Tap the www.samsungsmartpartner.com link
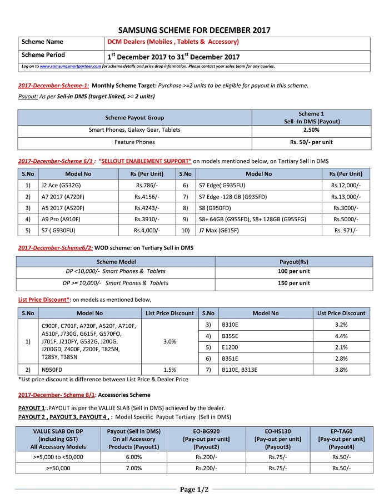click(x=70, y=66)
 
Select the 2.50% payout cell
click(x=311, y=130)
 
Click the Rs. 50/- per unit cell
click(x=311, y=142)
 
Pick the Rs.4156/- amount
click(x=147, y=197)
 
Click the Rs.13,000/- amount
click(x=346, y=197)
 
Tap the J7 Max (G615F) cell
click(x=217, y=230)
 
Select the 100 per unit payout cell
click(x=294, y=271)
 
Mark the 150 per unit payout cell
click(x=294, y=283)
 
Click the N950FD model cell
click(x=52, y=370)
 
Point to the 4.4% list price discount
click(x=341, y=336)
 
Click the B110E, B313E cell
click(x=239, y=370)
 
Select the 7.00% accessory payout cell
click(x=134, y=468)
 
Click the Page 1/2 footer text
click(x=194, y=490)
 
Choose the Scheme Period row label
click(x=43, y=55)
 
